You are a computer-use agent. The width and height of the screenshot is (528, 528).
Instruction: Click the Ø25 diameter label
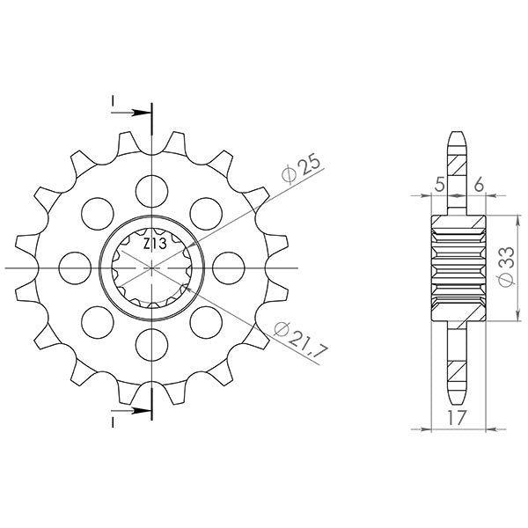point(300,170)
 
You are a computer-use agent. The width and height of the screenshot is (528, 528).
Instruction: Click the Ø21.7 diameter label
point(300,340)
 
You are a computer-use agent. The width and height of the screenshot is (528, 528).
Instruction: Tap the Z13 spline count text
point(155,244)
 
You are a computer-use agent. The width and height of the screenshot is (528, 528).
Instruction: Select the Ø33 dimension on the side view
point(507,267)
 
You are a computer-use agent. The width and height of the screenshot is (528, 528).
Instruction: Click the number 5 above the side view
point(439,185)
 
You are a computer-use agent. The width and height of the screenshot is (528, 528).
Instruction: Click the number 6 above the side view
point(479,185)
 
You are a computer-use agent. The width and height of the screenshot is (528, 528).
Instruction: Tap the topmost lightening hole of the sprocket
point(152,191)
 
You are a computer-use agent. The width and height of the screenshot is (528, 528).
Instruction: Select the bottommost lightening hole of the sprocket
point(152,345)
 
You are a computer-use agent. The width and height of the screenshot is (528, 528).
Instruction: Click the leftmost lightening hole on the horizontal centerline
point(75,268)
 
